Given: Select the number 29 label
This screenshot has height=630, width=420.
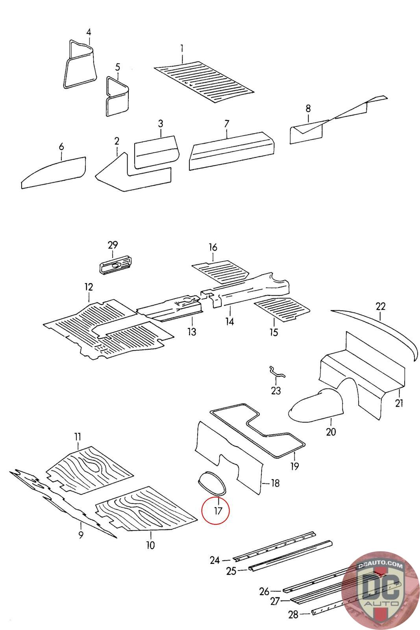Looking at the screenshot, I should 113,245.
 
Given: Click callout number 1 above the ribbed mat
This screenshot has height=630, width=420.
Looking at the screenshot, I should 182,48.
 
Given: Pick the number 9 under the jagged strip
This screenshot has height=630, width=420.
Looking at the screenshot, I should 81,535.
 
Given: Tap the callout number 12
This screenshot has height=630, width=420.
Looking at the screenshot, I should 89,287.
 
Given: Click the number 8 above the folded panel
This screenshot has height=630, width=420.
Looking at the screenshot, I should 308,107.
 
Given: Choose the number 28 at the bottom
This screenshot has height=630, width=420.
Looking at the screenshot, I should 293,614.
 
